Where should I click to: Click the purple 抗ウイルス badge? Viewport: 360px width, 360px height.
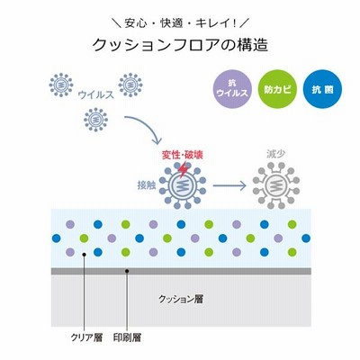[232, 89]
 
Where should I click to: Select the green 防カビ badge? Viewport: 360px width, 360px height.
[277, 89]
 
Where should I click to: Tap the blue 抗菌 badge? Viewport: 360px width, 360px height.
[322, 89]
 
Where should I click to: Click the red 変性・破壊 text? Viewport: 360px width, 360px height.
[183, 155]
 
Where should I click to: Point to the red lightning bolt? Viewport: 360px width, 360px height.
[183, 169]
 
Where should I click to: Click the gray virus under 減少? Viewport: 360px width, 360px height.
[276, 185]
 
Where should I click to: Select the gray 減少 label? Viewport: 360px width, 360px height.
[276, 154]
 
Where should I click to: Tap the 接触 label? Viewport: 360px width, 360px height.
[147, 185]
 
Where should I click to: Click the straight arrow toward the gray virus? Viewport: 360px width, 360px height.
[229, 185]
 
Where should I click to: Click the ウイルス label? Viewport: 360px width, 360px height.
[95, 94]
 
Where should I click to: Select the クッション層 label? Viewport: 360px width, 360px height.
[181, 299]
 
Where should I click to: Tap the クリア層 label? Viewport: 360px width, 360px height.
[86, 337]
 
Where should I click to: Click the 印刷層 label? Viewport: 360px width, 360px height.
[127, 337]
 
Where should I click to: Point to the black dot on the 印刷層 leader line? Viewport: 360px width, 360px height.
[127, 271]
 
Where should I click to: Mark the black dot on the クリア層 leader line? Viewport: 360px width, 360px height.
[85, 255]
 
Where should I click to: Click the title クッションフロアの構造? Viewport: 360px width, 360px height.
[180, 45]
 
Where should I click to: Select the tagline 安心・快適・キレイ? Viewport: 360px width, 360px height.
[180, 23]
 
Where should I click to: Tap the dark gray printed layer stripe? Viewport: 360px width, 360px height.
[181, 271]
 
